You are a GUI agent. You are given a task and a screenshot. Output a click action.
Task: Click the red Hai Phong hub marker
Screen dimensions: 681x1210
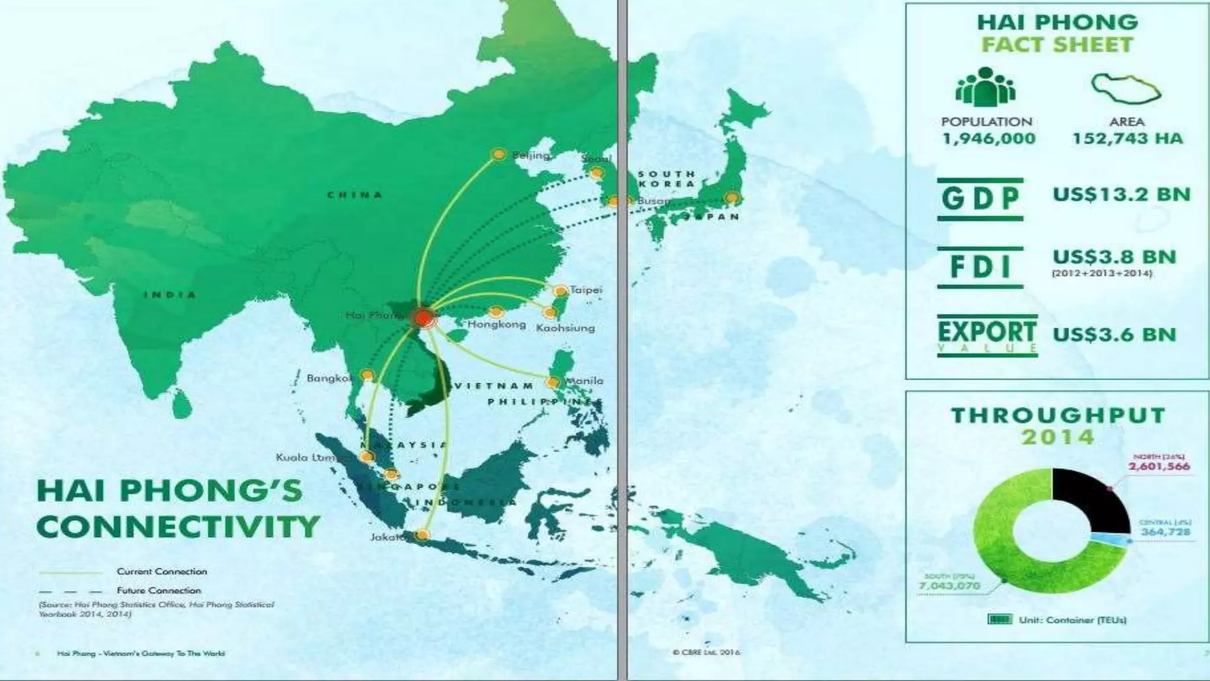click(x=423, y=317)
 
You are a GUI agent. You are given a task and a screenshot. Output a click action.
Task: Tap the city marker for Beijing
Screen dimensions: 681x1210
click(x=499, y=154)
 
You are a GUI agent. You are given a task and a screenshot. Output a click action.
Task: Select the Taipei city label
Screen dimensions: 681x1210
click(x=586, y=290)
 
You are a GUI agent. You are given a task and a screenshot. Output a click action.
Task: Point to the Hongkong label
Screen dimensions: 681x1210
click(x=496, y=325)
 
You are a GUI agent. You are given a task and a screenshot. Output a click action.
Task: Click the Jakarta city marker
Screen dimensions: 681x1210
click(x=422, y=535)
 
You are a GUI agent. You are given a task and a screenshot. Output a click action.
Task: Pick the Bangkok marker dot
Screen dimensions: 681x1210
click(x=367, y=375)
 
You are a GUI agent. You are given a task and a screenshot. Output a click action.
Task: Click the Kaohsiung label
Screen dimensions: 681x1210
click(x=565, y=327)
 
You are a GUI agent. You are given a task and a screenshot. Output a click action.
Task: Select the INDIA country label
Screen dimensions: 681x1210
click(x=170, y=294)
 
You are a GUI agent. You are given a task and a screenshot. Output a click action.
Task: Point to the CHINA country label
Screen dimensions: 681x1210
click(x=355, y=194)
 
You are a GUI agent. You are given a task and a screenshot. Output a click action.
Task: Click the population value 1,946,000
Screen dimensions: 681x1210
click(x=988, y=139)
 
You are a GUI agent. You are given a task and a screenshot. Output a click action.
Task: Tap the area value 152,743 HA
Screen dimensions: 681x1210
click(x=1127, y=139)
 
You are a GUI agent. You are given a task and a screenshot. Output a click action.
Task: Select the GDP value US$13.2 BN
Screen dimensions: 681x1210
click(x=1121, y=194)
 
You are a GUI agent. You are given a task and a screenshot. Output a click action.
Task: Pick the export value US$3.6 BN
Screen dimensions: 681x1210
click(x=1114, y=334)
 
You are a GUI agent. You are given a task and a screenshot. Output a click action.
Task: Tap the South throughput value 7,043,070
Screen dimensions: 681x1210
click(x=949, y=585)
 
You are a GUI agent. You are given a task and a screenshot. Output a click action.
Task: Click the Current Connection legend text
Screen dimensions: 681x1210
click(x=162, y=572)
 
